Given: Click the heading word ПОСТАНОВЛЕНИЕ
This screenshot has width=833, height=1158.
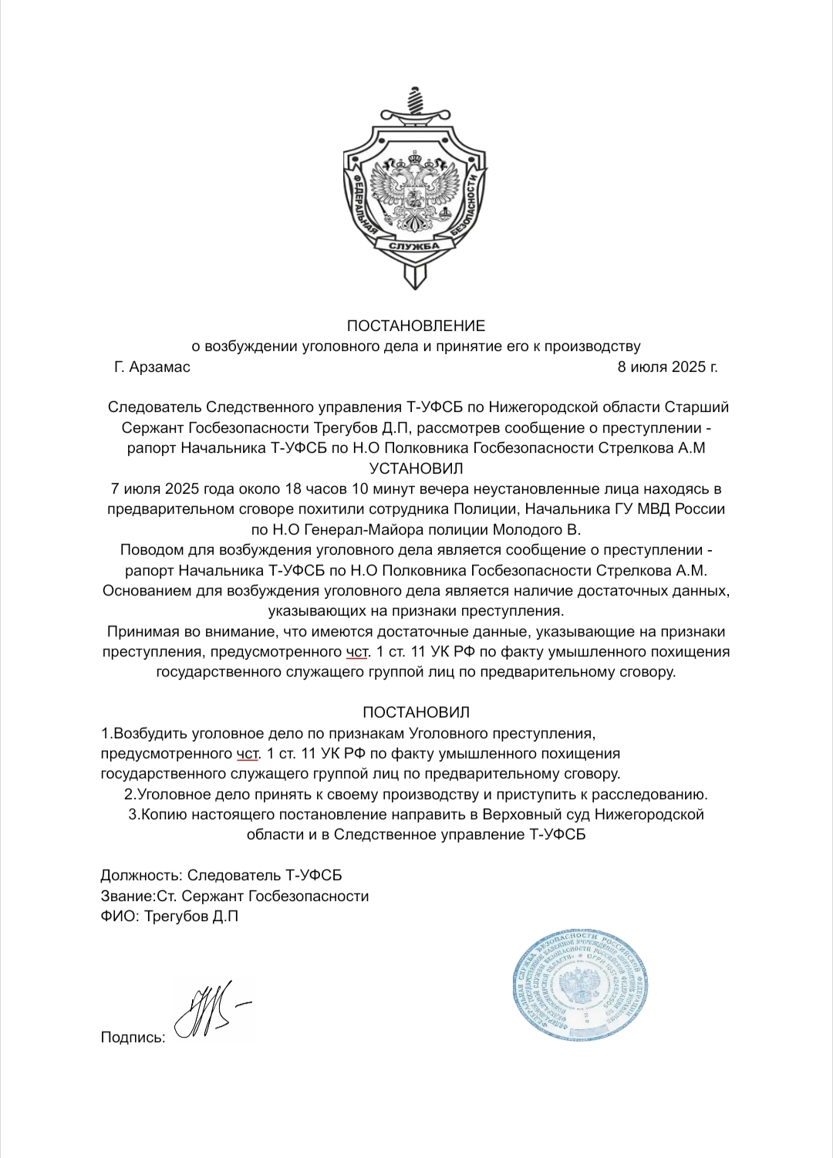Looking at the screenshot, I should (416, 325).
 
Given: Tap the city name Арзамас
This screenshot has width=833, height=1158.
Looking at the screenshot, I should (161, 366).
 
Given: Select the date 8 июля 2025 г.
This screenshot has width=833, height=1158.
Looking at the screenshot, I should (667, 366).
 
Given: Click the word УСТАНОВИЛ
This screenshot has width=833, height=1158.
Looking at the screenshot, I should (416, 468).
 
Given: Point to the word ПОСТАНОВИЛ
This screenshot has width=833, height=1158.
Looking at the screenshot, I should (416, 712).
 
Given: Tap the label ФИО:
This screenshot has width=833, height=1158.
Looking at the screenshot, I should (120, 917).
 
